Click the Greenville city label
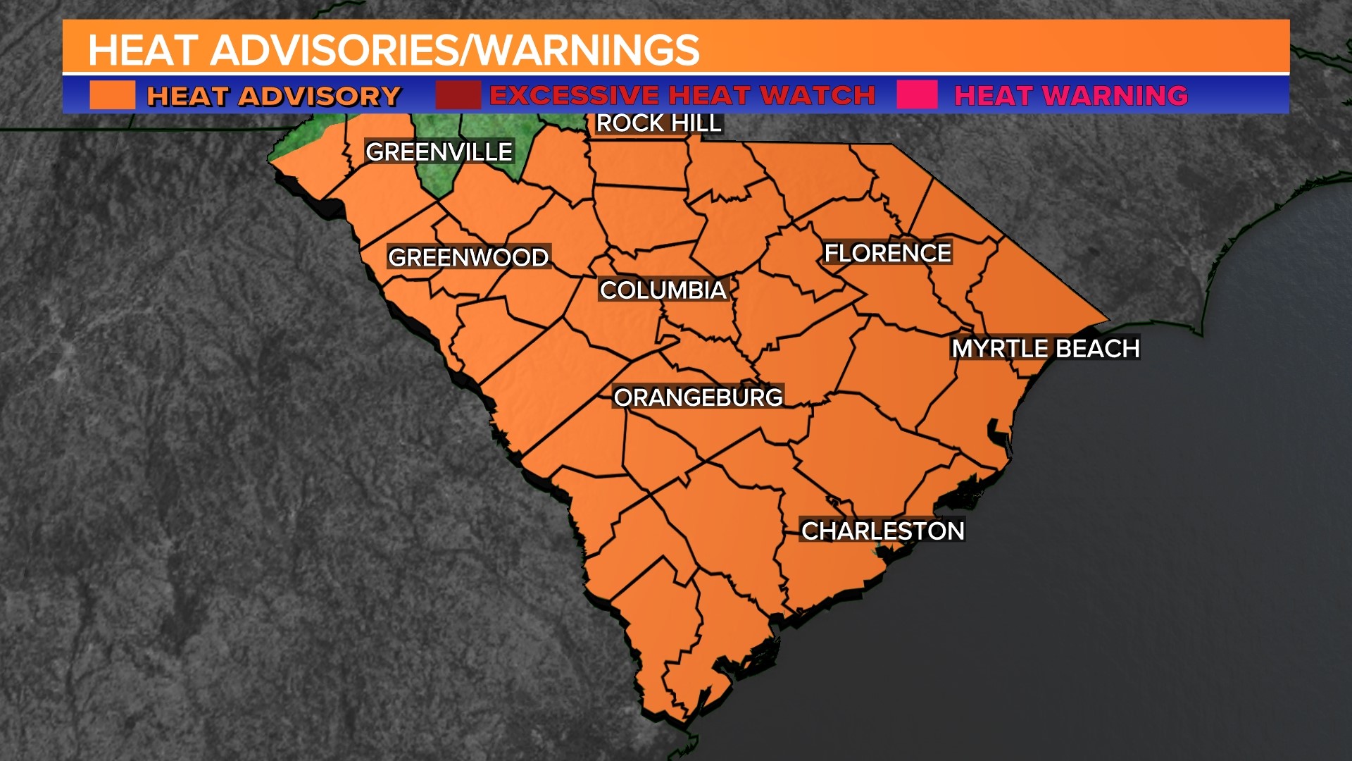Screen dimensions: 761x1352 point(439,151)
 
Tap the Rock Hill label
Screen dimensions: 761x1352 point(658,123)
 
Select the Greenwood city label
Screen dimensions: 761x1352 point(468,257)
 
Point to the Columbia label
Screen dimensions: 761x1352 point(663,290)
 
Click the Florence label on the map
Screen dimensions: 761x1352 point(887,253)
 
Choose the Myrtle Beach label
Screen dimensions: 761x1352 point(1045,348)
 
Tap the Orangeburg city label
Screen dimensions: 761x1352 point(698,397)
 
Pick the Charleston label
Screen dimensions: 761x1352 point(882,531)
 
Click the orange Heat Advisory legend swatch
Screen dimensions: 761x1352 point(113,95)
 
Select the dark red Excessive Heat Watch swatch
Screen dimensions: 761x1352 point(458,95)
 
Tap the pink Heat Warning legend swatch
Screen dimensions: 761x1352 point(918,95)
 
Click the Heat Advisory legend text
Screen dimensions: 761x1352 point(273,96)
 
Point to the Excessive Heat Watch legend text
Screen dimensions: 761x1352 point(682,95)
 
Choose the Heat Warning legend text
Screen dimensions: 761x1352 point(1070,96)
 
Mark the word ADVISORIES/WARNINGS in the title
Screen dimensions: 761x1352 point(455,50)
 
